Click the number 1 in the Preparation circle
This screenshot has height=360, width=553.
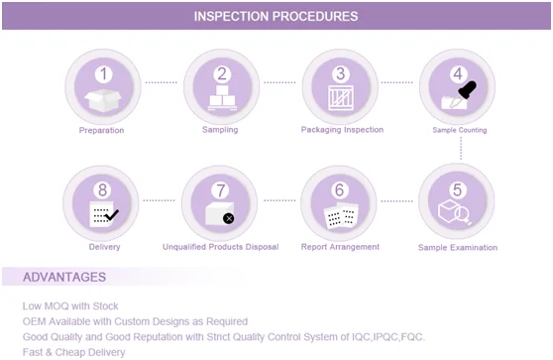click(103, 74)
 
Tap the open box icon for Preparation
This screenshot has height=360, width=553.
click(103, 100)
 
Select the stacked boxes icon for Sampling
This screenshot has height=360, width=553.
click(222, 98)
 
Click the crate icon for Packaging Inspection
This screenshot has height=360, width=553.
click(341, 98)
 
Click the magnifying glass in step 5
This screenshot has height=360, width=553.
click(463, 215)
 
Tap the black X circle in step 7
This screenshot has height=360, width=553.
click(229, 218)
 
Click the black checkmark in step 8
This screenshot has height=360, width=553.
click(111, 214)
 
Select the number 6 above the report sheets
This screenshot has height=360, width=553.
click(339, 189)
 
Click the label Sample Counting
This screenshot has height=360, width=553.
click(460, 130)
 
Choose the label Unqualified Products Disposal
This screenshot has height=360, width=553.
click(220, 247)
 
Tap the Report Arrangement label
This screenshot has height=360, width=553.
click(340, 247)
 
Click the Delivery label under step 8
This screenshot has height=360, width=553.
click(104, 247)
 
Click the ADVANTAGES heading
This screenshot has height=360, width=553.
click(64, 277)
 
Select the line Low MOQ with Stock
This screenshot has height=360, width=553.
click(70, 306)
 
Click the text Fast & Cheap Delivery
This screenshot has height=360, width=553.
click(73, 352)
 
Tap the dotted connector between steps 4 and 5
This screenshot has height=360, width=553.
click(461, 149)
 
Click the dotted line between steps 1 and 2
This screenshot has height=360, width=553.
click(162, 82)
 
